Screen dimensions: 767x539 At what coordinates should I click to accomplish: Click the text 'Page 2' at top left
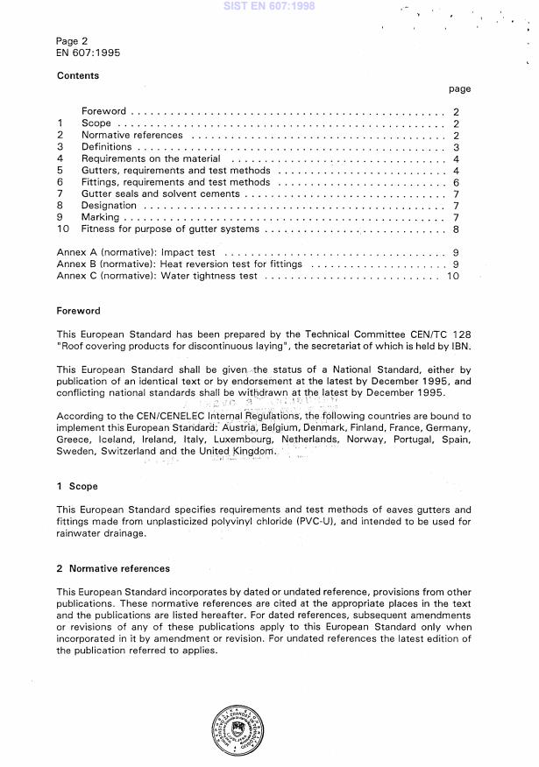tap(72, 41)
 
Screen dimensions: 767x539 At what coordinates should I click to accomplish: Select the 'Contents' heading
tap(78, 76)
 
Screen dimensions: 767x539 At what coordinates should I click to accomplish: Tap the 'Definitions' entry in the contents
tap(106, 148)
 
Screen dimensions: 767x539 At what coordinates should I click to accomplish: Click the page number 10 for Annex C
tap(453, 276)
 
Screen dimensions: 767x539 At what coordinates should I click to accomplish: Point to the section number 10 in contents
tap(62, 229)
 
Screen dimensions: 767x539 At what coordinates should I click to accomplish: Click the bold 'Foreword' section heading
tap(79, 311)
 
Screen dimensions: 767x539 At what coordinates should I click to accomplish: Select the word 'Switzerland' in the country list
tap(127, 451)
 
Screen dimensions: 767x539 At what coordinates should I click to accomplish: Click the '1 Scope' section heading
tap(77, 486)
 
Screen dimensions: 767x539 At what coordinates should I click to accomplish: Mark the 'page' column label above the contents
tap(459, 88)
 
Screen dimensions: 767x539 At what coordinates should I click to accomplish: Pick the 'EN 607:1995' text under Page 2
tap(89, 53)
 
